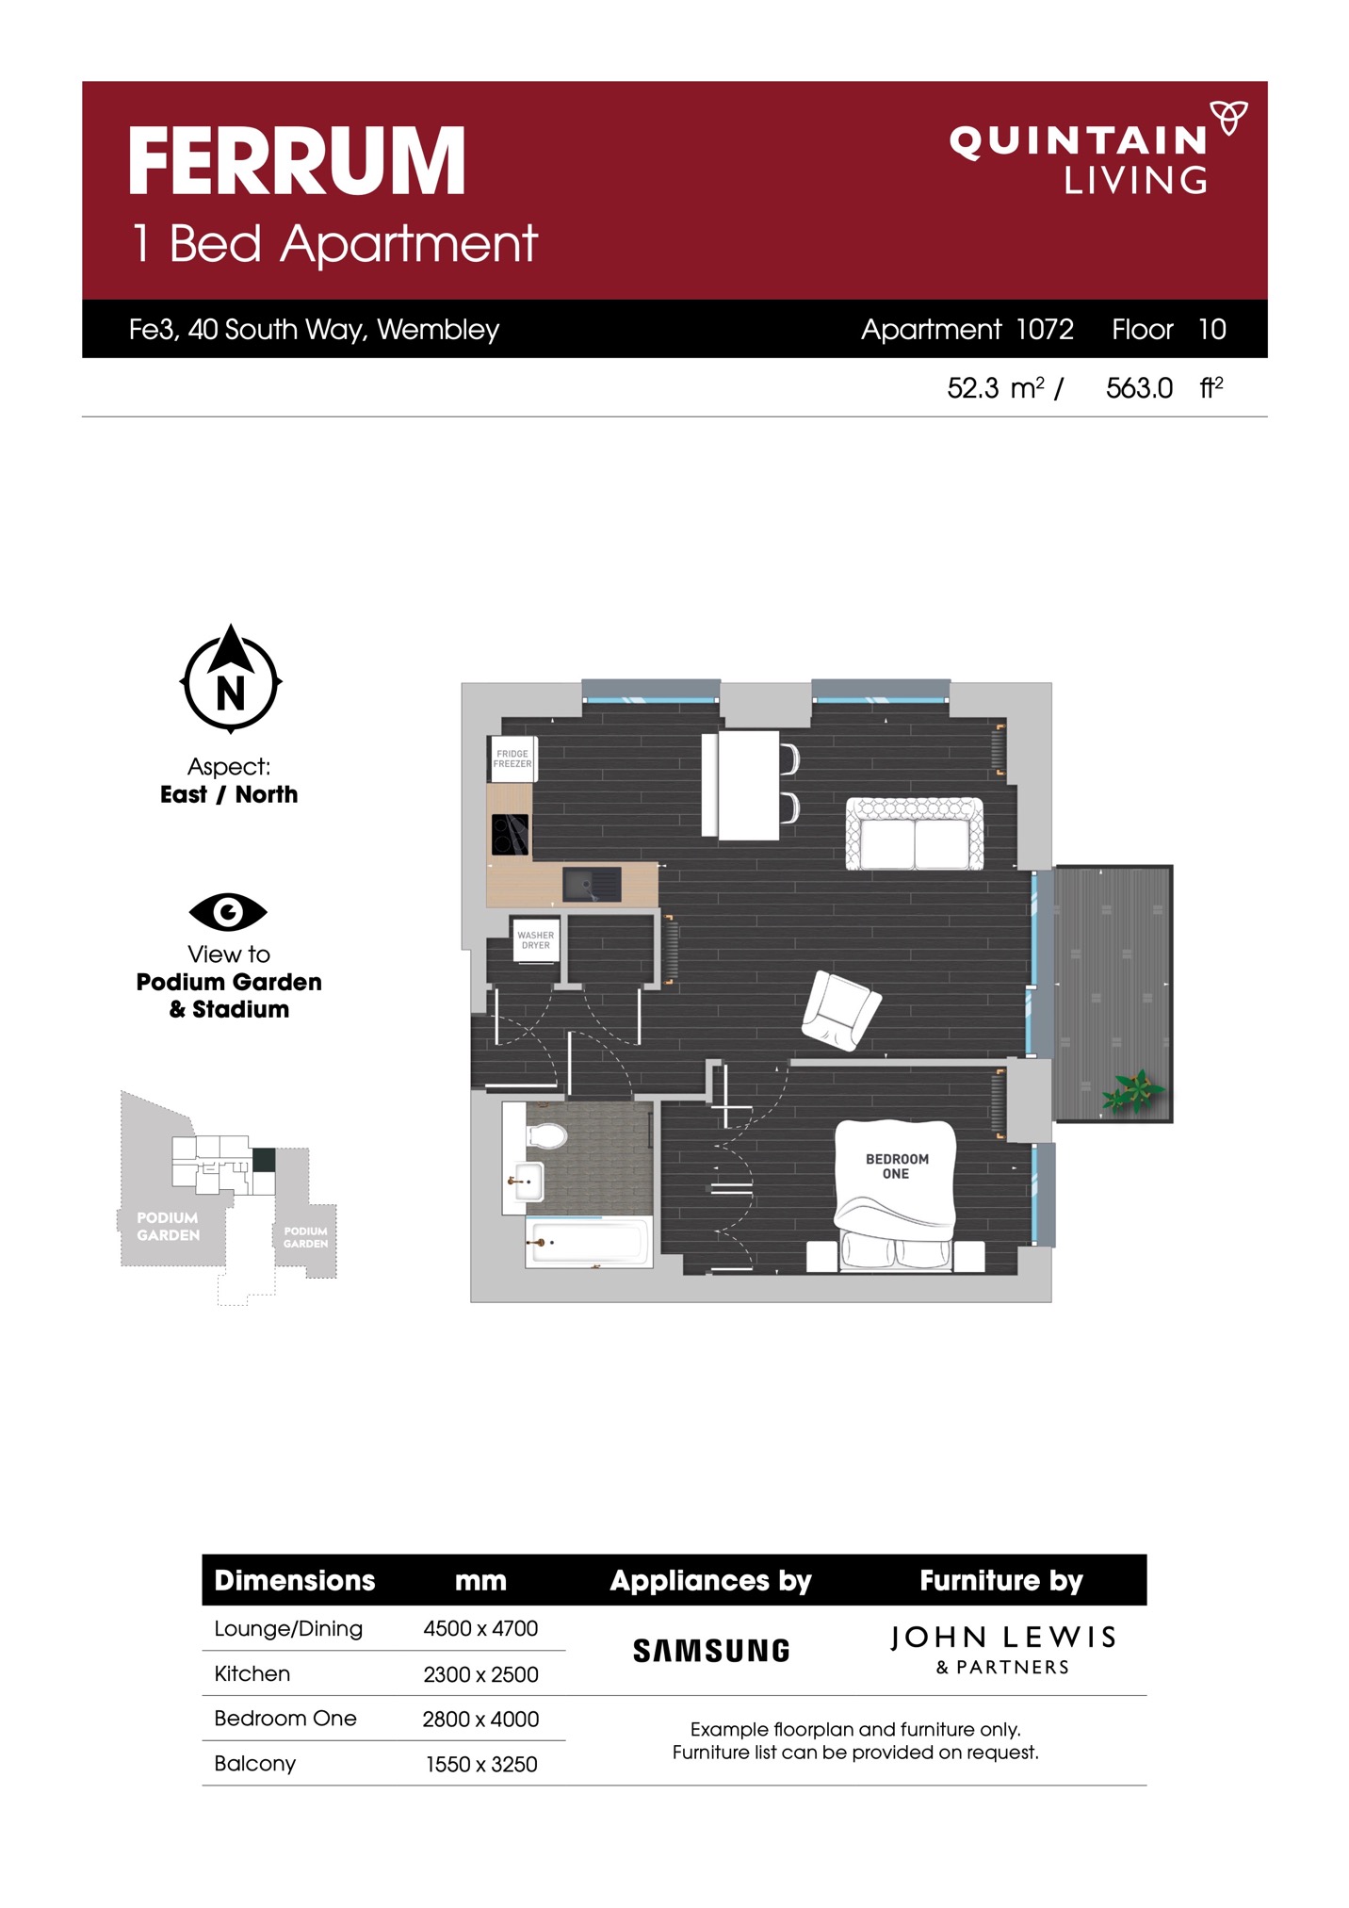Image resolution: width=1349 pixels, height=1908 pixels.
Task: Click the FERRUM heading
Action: coord(297,161)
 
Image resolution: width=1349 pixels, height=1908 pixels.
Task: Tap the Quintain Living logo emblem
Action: coord(1228,117)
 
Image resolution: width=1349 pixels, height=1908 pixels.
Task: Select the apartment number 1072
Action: coord(1045,329)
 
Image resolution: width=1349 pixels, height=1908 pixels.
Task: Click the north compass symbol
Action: coord(231,678)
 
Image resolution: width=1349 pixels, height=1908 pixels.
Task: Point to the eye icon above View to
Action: coord(228,911)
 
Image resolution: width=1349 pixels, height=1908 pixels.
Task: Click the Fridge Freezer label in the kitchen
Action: coord(512,758)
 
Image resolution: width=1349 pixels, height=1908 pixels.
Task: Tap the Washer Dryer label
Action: coord(535,940)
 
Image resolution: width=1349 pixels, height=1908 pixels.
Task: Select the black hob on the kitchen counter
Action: coord(510,834)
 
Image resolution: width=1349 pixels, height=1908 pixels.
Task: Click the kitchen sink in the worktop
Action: coord(592,884)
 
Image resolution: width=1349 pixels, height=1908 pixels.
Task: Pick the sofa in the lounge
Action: coord(915,834)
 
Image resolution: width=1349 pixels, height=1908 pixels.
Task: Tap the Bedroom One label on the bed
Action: coord(897,1166)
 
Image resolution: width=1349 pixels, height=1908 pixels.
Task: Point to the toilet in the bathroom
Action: coord(545,1134)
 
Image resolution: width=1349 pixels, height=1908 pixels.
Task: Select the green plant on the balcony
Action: coord(1134,1090)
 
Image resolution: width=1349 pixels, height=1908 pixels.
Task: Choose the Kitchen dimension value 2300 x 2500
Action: coord(480,1674)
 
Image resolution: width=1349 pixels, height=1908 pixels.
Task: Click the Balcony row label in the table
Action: coord(254,1763)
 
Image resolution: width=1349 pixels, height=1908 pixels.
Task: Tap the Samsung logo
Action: coord(711,1651)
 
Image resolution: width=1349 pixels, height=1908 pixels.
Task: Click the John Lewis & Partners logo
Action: coord(1002,1649)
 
